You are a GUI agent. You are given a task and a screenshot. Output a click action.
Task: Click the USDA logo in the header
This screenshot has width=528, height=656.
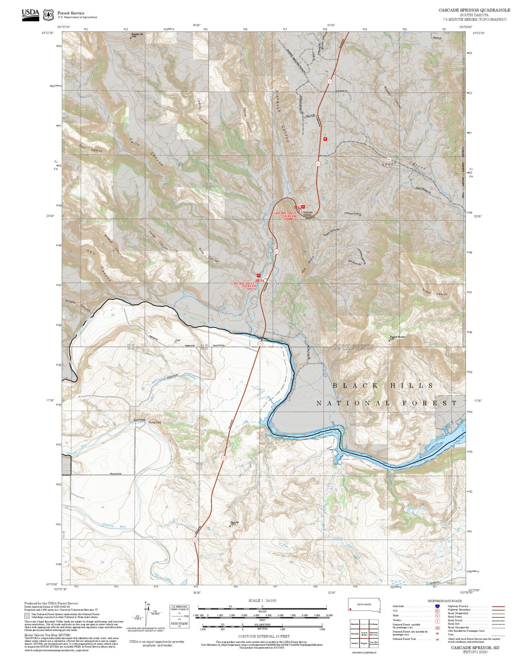click(30, 14)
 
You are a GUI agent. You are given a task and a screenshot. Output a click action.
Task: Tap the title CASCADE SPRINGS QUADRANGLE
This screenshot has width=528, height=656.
click(474, 10)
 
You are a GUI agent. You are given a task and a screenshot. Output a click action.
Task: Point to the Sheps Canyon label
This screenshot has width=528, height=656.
click(404, 164)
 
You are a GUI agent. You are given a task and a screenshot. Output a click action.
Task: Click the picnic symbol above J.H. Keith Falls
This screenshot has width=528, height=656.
click(259, 275)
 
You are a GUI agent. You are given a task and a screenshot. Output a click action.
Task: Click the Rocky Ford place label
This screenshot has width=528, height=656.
click(155, 422)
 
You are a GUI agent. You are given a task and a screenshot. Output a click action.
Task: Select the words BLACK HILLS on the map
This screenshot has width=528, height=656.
click(383, 385)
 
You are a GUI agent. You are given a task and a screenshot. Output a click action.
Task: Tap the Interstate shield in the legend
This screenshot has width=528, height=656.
click(437, 606)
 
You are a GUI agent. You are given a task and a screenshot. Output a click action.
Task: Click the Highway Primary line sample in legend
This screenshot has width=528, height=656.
click(498, 606)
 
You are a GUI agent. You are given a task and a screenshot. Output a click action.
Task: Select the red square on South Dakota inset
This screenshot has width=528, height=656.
click(350, 609)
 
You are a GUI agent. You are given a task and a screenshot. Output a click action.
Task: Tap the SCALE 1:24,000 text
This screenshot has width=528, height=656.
click(262, 600)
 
